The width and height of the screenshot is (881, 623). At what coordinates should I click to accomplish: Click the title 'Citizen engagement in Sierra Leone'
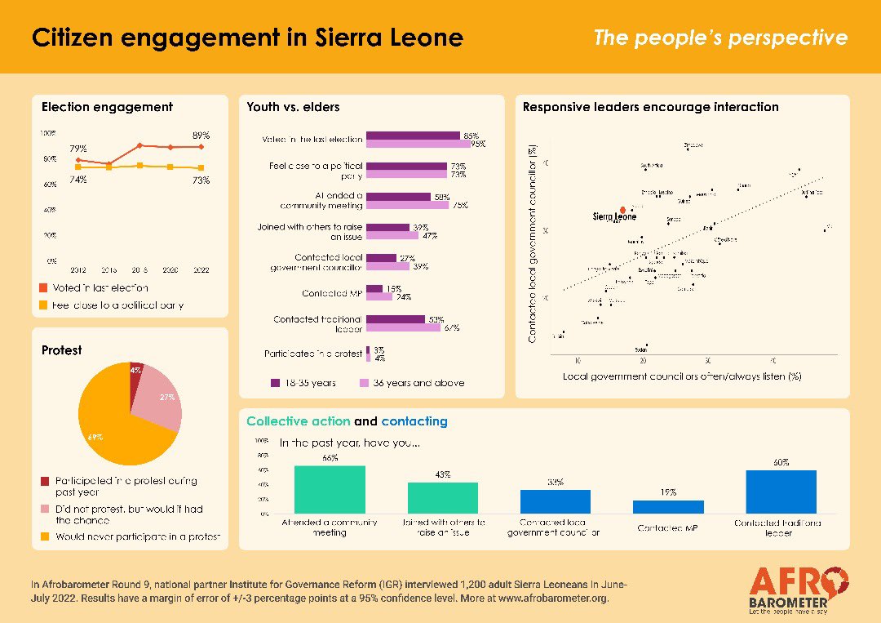(x=247, y=38)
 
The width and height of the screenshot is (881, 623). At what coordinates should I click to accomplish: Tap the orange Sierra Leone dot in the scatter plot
(x=622, y=209)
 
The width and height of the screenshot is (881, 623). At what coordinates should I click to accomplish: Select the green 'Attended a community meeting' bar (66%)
(x=330, y=489)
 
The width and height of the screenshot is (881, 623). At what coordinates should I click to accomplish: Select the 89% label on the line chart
(x=201, y=135)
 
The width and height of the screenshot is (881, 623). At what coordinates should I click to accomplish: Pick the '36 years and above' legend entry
(x=412, y=382)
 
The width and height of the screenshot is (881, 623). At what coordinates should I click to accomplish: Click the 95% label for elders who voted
(x=477, y=144)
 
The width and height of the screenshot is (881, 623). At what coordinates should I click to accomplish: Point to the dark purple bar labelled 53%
(x=395, y=318)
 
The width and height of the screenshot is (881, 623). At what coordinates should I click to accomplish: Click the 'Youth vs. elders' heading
(x=293, y=107)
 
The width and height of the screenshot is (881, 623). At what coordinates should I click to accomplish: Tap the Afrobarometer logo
(x=799, y=588)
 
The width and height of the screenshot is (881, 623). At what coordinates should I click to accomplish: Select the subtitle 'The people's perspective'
(x=719, y=38)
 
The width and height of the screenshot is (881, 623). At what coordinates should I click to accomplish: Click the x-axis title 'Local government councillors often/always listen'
(x=681, y=376)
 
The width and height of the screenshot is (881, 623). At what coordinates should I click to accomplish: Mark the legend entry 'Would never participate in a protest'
(x=131, y=536)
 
